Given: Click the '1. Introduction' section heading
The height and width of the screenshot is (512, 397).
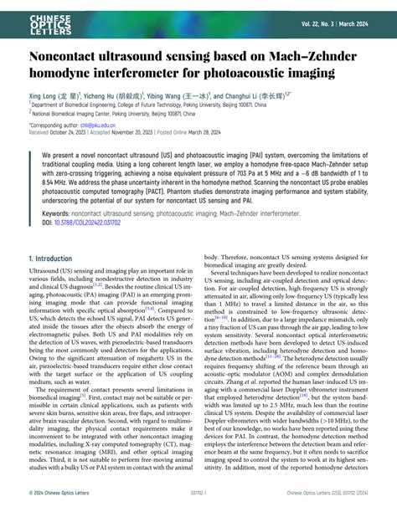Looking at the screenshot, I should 50,259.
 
